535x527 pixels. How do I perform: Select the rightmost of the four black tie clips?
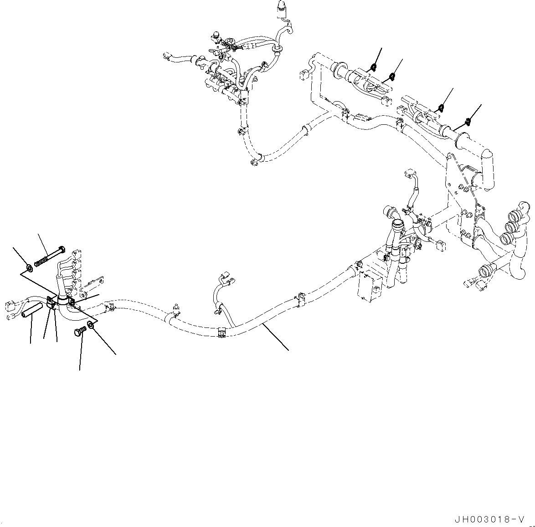tap(468, 121)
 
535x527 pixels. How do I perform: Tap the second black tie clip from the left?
tap(392, 76)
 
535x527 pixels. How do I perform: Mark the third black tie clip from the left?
tap(441, 107)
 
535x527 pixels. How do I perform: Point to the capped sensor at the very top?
tap(280, 9)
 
